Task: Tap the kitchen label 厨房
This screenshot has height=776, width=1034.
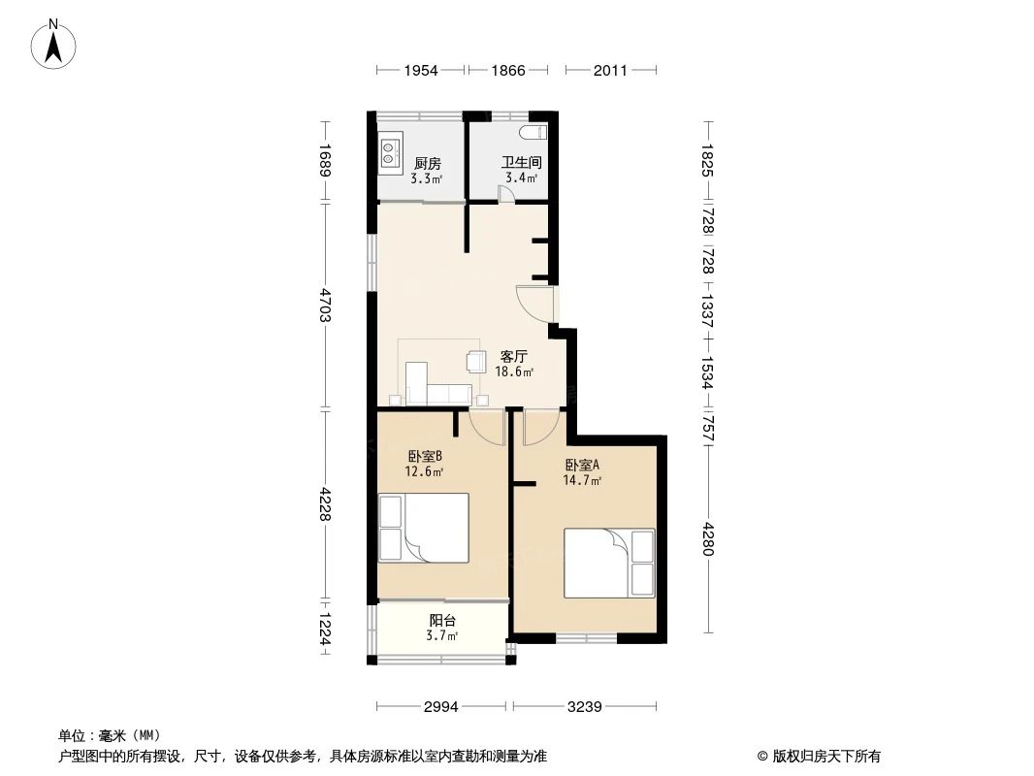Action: [x=427, y=164]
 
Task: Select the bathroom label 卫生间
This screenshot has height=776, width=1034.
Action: [x=521, y=164]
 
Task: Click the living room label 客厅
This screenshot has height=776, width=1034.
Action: [x=513, y=357]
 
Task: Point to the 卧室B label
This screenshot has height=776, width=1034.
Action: [x=425, y=456]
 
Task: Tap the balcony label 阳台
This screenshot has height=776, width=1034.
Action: [x=442, y=621]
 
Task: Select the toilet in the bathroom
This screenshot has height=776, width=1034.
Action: [x=534, y=133]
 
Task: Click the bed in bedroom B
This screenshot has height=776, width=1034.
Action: [x=424, y=529]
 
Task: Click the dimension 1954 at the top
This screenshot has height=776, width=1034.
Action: [x=421, y=70]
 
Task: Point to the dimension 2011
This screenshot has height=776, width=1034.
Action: [x=610, y=70]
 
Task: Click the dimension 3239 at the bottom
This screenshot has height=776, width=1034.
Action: [x=586, y=707]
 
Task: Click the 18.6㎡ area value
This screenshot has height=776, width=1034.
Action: [x=513, y=372]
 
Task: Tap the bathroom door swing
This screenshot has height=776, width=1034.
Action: [x=506, y=194]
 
